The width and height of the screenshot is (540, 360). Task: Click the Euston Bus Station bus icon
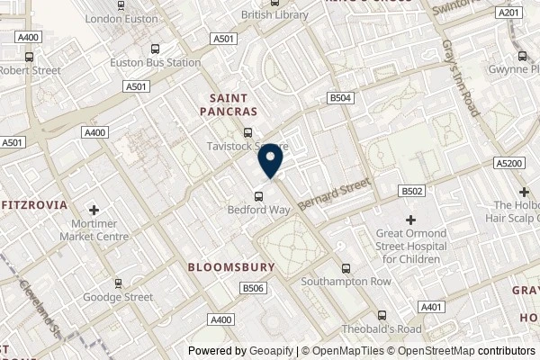(x=157, y=49)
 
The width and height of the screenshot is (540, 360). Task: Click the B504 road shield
(x=339, y=97)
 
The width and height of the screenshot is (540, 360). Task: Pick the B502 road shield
(x=412, y=191)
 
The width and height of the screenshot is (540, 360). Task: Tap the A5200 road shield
(x=508, y=163)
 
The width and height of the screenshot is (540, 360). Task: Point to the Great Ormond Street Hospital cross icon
(x=411, y=220)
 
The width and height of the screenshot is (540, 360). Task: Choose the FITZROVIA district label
(x=34, y=205)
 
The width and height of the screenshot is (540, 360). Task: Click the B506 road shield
(x=252, y=287)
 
